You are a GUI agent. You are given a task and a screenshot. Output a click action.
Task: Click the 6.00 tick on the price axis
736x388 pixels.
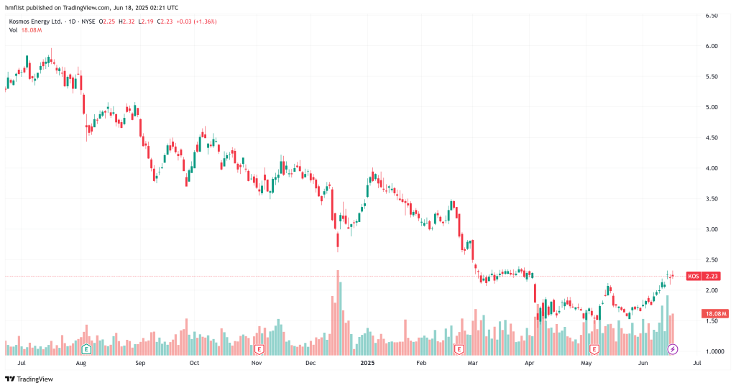tap(712, 46)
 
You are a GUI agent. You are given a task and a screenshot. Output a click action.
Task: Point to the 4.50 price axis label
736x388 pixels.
tap(712, 137)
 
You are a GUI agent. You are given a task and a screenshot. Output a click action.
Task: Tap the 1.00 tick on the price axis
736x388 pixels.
tap(712, 351)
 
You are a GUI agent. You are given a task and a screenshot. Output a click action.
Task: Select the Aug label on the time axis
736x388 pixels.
tap(80, 364)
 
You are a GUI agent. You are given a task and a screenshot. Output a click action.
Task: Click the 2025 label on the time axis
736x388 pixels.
tap(367, 364)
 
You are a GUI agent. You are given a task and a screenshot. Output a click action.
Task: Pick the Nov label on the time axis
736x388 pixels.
tap(257, 364)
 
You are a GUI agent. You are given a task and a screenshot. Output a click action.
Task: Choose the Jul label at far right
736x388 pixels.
tap(696, 364)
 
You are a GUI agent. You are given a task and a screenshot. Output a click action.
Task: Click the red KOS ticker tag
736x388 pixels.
tap(694, 276)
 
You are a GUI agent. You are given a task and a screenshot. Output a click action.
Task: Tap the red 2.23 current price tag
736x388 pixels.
tap(712, 276)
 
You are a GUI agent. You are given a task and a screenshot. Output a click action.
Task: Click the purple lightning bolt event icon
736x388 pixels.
tap(673, 349)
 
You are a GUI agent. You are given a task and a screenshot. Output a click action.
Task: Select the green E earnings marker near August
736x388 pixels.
tap(86, 349)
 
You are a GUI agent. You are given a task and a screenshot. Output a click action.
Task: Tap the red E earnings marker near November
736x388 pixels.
tap(259, 349)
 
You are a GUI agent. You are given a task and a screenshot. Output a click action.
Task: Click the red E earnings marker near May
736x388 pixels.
tap(594, 349)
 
